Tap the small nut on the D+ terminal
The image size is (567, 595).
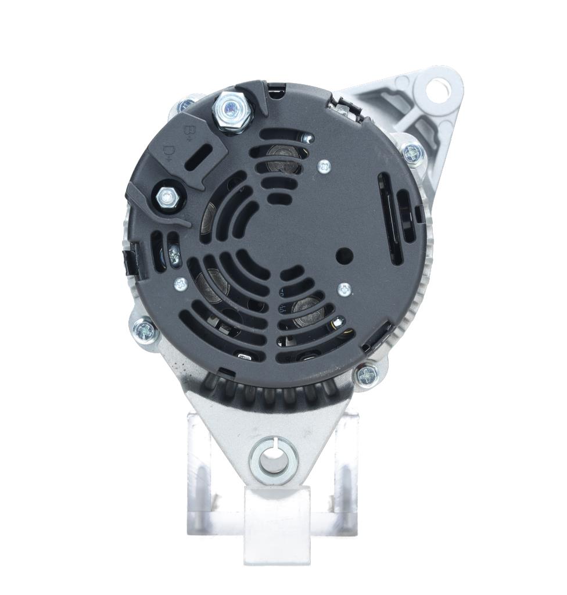point(167,198)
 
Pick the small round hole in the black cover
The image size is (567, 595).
point(344,255)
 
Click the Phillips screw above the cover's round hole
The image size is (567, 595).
point(324,167)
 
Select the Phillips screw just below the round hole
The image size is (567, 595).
point(344,289)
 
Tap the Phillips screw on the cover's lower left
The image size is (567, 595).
point(181,284)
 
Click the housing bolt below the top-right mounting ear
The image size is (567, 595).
point(412,152)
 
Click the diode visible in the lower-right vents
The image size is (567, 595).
point(307,311)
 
